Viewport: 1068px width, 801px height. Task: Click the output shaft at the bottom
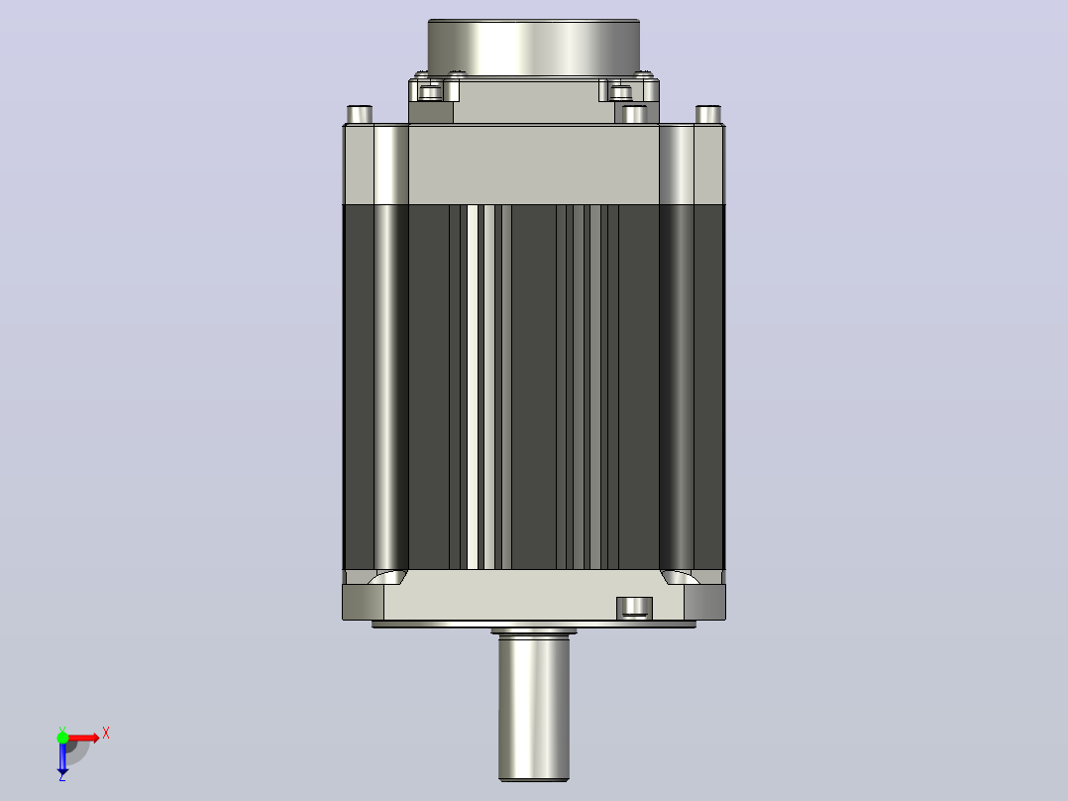[533, 707]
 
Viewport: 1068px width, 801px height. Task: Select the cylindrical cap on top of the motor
[533, 48]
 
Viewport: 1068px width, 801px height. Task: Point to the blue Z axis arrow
[62, 756]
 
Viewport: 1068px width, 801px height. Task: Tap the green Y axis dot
[62, 737]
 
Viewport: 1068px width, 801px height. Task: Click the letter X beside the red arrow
[106, 734]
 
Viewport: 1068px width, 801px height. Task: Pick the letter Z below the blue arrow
[62, 776]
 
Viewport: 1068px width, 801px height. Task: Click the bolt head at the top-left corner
[360, 114]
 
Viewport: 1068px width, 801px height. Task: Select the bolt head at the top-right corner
[708, 114]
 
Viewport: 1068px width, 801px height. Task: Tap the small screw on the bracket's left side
[430, 91]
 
